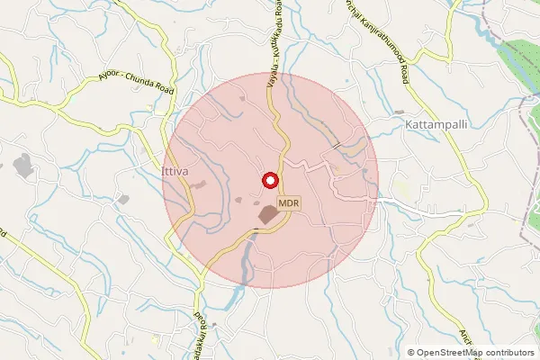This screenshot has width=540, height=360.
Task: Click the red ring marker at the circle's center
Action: [268, 180]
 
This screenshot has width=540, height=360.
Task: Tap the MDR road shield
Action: [288, 203]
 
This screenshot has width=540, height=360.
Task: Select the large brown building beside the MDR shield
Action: [269, 215]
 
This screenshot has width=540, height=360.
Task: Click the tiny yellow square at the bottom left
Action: [155, 340]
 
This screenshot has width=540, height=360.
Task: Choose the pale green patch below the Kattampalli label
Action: [400, 190]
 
